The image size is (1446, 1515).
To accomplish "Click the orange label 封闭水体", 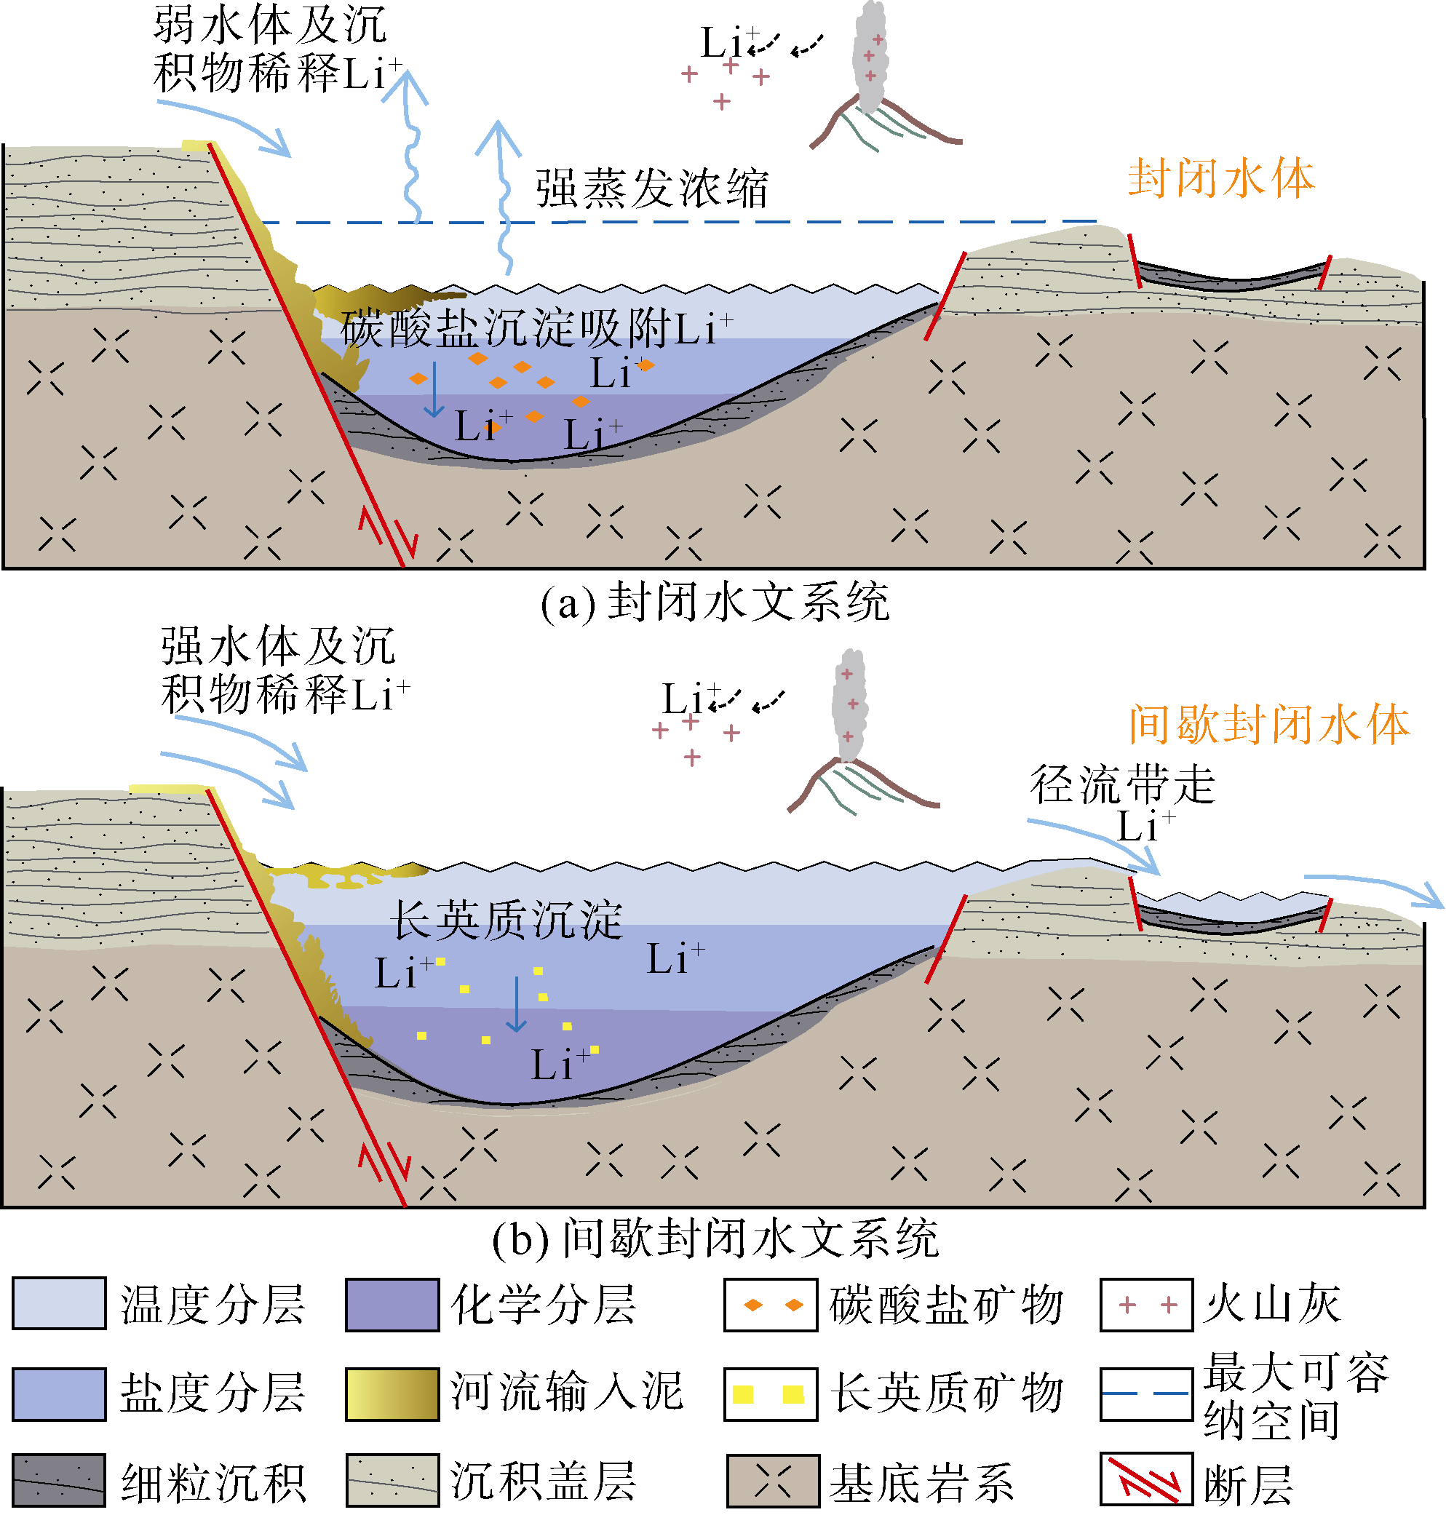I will click(1220, 179).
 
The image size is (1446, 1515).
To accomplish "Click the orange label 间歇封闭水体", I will click(1268, 725).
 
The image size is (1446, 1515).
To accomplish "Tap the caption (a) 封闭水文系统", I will click(714, 602).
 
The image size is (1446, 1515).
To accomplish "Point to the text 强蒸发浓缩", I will click(651, 188).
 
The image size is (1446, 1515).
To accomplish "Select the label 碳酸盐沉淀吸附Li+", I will click(536, 328).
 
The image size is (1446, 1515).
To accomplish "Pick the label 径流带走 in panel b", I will click(1122, 785).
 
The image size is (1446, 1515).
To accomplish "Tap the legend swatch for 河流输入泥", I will click(392, 1393).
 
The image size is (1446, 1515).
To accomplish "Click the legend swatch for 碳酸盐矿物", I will click(770, 1305).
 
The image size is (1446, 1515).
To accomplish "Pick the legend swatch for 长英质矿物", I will click(770, 1393).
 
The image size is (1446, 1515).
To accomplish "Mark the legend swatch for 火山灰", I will click(1146, 1305).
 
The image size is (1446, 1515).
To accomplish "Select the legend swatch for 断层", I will click(1146, 1479).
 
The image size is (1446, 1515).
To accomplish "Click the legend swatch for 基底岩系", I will click(773, 1480).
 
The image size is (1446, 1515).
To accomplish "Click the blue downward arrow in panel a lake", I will click(434, 389).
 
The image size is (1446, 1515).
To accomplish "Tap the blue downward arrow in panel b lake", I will click(516, 1004).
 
